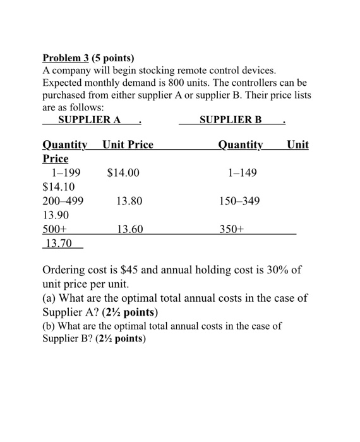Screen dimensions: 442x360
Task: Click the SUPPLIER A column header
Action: [x=89, y=119]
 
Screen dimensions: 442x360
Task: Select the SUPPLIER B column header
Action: [x=230, y=119]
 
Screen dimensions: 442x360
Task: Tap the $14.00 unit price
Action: [x=123, y=172]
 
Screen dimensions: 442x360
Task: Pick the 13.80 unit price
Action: [x=129, y=201]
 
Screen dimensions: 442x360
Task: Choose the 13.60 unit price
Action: [x=129, y=230]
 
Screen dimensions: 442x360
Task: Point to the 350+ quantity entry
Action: [x=231, y=230]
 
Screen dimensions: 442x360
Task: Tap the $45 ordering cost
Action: [x=126, y=270]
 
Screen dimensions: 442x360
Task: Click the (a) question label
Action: [x=49, y=298]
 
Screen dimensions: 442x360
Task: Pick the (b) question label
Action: [x=49, y=326]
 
